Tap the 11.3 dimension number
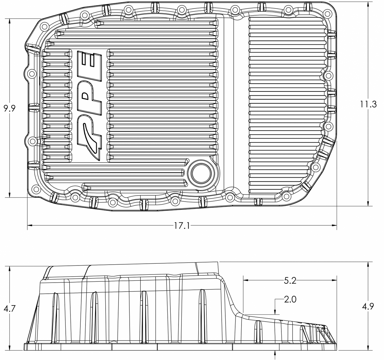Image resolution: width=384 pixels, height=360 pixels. tap(368, 104)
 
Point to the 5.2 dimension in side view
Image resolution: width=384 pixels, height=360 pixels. tap(290, 281)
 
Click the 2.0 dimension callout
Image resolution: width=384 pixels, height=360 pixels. tap(290, 299)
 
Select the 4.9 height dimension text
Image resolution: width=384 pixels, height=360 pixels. tap(368, 307)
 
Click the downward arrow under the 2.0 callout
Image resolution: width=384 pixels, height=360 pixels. tap(275, 312)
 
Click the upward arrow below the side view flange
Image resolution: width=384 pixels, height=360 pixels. tap(275, 354)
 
